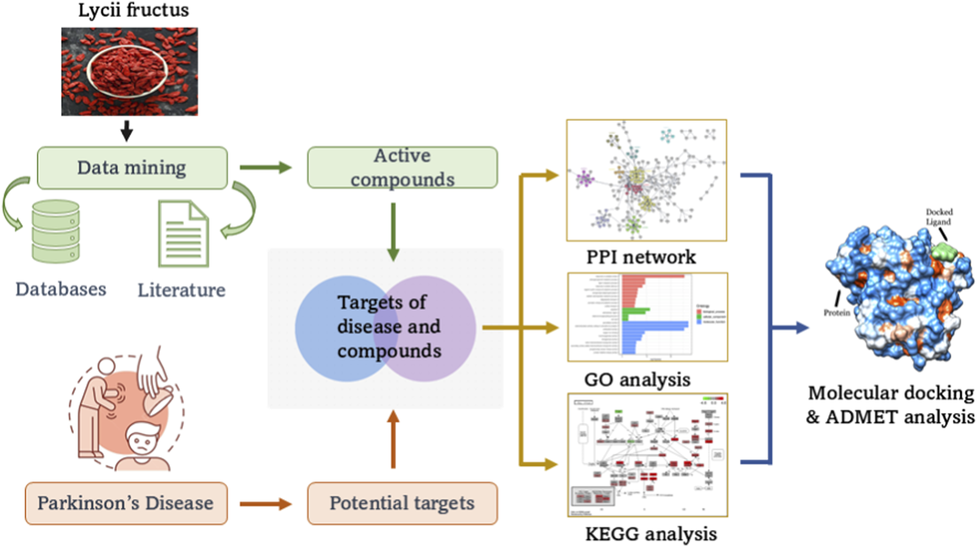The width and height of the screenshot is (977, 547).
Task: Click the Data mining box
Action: point(132,168)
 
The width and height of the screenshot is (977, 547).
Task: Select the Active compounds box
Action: point(402,167)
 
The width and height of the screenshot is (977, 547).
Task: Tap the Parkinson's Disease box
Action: point(126,503)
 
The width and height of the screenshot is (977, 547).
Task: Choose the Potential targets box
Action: point(402,503)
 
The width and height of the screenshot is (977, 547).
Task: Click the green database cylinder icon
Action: point(56,231)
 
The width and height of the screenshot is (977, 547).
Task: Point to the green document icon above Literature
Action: point(184,234)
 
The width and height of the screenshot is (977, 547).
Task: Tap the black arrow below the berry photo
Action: point(127,131)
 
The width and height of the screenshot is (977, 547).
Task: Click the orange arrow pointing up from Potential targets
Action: point(393,439)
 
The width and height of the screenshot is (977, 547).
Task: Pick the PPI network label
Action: point(641,257)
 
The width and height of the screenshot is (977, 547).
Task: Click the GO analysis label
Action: point(637,380)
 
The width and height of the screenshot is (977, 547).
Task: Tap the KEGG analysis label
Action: point(651,534)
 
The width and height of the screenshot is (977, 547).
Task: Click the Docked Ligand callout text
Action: point(938,216)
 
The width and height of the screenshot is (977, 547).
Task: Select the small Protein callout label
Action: point(836,312)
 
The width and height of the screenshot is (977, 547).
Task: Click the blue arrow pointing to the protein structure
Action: point(791,328)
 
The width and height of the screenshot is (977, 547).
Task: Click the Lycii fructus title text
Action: point(133,10)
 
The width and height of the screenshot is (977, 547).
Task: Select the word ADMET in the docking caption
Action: point(862,417)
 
